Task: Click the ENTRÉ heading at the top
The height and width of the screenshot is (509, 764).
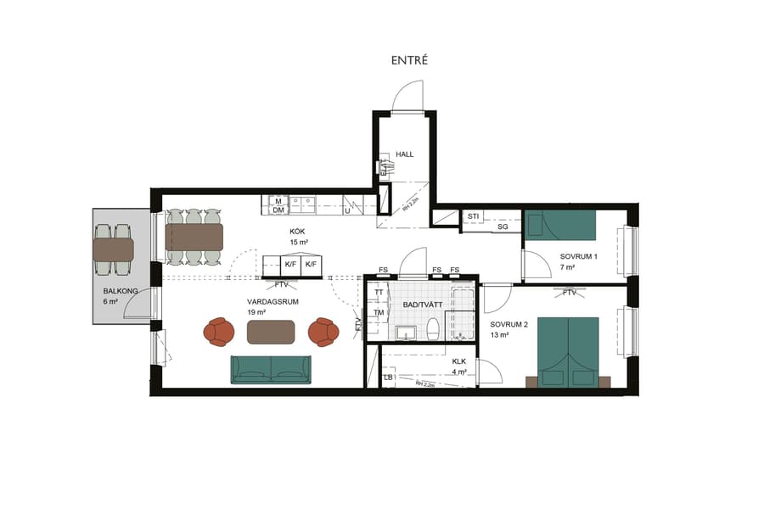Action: [409, 60]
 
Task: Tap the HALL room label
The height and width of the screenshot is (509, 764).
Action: [405, 154]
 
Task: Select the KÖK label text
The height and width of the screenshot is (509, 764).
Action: [296, 231]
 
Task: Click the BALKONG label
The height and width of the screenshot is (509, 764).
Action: [121, 291]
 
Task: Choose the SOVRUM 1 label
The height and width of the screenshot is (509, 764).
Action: [579, 256]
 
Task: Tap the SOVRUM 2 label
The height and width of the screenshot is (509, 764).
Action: [509, 324]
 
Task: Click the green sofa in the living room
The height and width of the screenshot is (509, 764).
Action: [271, 369]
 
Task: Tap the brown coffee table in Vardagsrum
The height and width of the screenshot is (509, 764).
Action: [272, 332]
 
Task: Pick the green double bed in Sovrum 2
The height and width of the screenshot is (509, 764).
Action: [568, 351]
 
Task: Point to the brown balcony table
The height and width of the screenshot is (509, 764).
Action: [114, 249]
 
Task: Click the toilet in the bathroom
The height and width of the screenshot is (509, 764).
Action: [432, 328]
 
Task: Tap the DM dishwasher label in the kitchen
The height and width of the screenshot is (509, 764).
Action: [278, 210]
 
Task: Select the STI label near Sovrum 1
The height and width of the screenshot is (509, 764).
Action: [474, 216]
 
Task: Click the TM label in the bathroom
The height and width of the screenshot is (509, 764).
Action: [379, 312]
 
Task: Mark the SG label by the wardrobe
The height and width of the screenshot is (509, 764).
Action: [503, 227]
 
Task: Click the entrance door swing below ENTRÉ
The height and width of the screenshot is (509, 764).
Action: [407, 96]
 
